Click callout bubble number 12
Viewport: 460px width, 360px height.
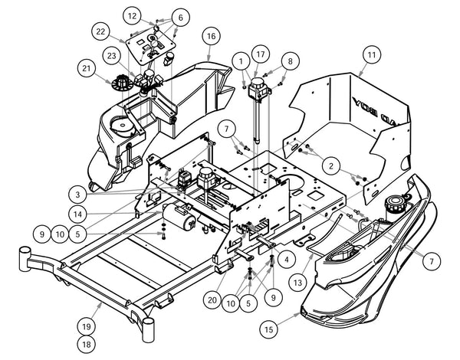(133, 15)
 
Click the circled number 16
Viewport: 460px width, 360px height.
(212, 35)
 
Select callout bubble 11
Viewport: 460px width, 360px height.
(371, 55)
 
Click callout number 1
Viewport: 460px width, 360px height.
(242, 61)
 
